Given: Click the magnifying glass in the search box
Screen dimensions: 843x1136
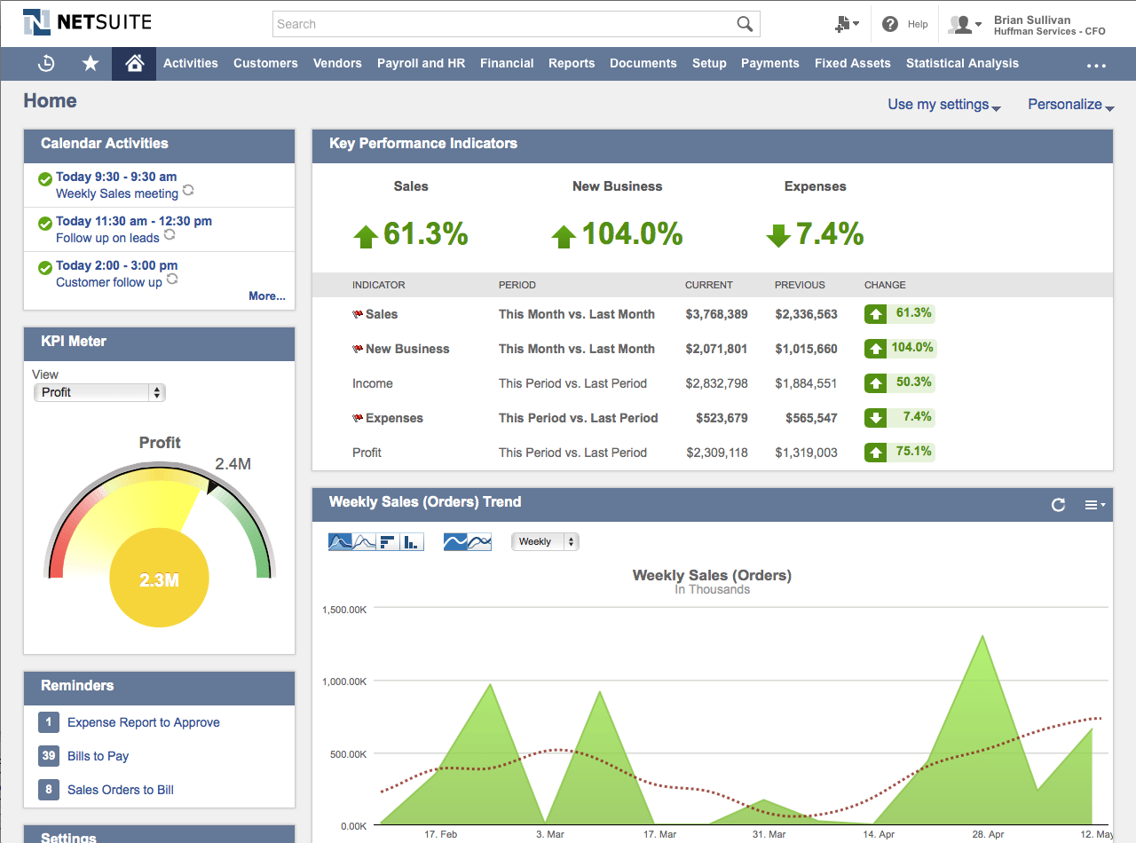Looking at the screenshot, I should tap(745, 24).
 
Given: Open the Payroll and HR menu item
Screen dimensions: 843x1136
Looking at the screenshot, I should tap(421, 63).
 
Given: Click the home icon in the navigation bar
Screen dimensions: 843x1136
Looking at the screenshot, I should tap(134, 63).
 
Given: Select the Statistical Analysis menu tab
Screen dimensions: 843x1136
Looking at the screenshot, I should tap(962, 63).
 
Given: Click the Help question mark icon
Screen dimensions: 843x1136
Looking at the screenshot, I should tap(890, 24).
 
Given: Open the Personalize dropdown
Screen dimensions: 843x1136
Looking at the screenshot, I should tap(1070, 105).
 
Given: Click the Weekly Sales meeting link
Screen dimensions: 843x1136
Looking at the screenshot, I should tap(117, 193).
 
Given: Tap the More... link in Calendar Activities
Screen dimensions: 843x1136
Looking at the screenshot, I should tap(267, 295).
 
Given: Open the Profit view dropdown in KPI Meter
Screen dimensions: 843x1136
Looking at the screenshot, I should tap(99, 392).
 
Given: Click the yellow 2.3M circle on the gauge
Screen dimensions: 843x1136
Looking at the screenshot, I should tap(159, 580).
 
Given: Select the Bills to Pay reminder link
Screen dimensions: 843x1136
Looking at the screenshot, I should tap(98, 756).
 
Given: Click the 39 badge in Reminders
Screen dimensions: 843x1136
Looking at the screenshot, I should tap(49, 756).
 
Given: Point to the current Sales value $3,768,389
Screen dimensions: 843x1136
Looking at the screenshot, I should tap(716, 314).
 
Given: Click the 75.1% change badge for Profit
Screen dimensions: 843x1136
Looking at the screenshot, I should tap(900, 452).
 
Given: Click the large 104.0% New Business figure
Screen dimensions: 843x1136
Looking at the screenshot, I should tap(632, 234).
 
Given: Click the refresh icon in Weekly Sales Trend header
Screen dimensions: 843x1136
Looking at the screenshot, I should tap(1058, 505).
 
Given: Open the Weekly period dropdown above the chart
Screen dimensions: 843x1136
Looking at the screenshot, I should tap(545, 541).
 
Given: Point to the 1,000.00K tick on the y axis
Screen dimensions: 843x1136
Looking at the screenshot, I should tap(344, 681).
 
